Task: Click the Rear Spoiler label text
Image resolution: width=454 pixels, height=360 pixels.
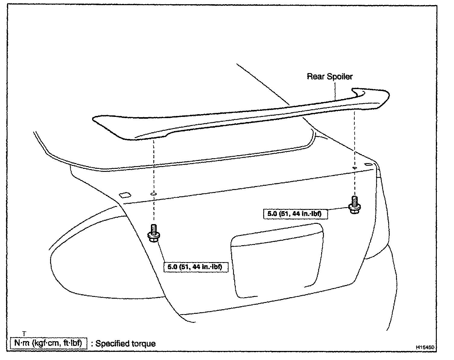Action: point(330,76)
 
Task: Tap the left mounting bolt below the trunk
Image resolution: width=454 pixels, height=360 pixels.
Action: point(154,233)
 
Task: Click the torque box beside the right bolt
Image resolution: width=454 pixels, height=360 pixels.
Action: point(295,214)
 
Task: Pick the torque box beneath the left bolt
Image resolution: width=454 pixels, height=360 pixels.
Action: point(196,267)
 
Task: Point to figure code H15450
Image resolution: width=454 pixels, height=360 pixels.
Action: point(425,348)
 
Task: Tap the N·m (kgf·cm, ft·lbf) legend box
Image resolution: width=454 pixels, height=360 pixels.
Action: point(48,343)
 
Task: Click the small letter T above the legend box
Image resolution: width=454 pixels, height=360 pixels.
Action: point(24,333)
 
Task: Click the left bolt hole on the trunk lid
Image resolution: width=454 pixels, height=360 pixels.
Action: point(153,194)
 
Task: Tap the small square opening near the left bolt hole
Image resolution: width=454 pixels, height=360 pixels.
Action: point(124,195)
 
